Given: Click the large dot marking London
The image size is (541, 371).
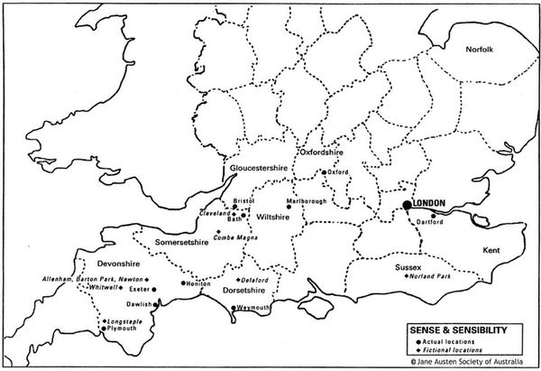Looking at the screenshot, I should click(x=408, y=206).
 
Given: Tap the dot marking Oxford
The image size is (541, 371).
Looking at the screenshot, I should click(x=325, y=172).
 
